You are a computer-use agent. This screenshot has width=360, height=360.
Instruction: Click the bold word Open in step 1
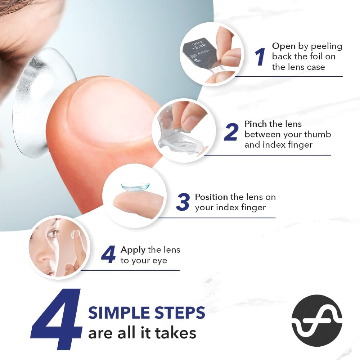[x=284, y=46]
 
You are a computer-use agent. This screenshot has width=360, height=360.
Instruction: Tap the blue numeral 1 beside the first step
[x=260, y=57]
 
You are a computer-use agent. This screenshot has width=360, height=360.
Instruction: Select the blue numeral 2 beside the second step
[x=231, y=132]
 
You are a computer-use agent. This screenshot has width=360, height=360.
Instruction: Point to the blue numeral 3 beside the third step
[x=183, y=202]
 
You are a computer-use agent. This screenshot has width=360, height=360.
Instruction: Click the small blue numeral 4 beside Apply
[x=108, y=254]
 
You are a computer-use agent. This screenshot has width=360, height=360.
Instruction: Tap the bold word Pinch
[x=256, y=124]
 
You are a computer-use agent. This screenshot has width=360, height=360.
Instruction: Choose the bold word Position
[x=211, y=197]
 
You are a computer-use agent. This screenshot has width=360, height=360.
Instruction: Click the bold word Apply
[x=133, y=250]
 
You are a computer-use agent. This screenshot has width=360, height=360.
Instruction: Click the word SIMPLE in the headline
[x=120, y=313]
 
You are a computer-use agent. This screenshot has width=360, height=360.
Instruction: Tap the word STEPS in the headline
[x=180, y=313]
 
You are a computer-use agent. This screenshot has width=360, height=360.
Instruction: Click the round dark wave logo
[x=317, y=321]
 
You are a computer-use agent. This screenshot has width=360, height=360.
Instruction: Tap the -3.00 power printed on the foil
[x=199, y=46]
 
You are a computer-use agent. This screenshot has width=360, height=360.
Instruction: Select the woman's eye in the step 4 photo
[x=53, y=234]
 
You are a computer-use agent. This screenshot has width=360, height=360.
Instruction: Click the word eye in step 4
[x=160, y=261]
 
